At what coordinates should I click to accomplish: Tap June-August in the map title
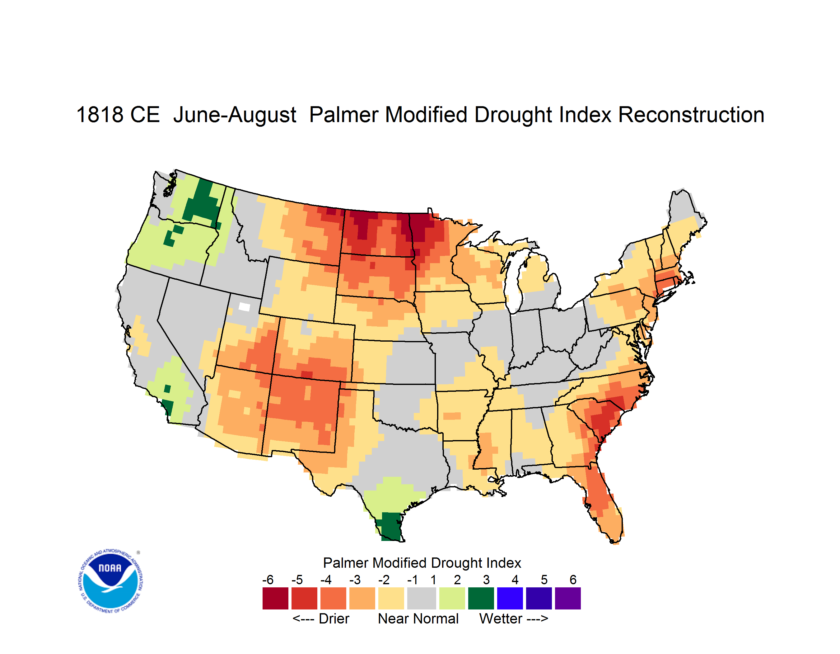click(x=235, y=115)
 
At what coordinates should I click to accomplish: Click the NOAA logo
click(x=110, y=581)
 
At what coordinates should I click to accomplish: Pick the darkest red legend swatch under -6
click(x=275, y=598)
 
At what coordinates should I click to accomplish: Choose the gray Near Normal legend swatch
click(x=422, y=598)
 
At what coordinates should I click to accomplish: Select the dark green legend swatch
click(x=481, y=598)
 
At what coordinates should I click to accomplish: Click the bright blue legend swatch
click(x=510, y=598)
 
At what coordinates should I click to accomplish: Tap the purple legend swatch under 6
click(x=568, y=598)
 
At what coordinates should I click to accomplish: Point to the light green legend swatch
click(x=452, y=598)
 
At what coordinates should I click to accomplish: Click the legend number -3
click(x=355, y=580)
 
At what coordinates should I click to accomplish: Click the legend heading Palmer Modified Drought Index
click(x=422, y=563)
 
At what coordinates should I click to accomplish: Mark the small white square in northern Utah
click(x=244, y=307)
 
